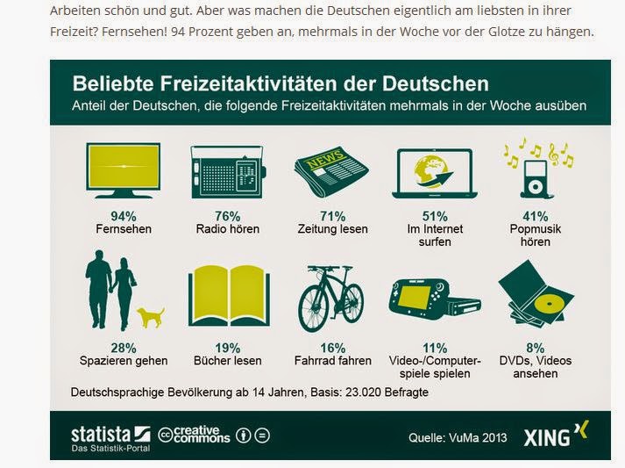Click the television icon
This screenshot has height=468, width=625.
point(123,169)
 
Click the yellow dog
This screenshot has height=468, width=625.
point(150,316)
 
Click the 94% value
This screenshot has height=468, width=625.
point(123,216)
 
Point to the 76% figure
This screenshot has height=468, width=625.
point(227,216)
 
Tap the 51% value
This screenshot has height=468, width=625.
point(434,216)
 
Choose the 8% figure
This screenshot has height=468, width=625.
point(536,348)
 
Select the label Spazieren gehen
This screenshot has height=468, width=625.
point(124,361)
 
